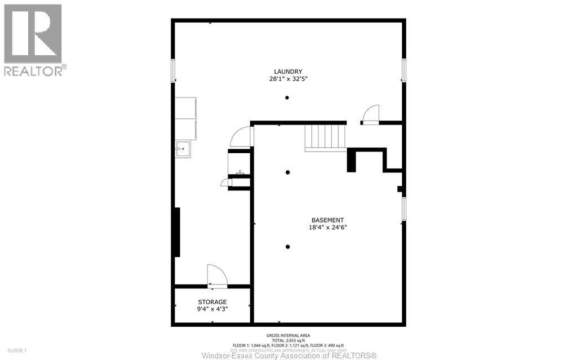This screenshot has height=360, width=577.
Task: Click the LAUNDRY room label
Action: click(288, 72)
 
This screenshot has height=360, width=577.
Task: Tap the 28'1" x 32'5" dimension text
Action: click(288, 79)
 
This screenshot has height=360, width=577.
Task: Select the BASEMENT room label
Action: click(327, 220)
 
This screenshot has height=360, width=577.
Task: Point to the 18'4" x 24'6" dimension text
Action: click(327, 228)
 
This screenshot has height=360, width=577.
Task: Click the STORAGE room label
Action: click(212, 302)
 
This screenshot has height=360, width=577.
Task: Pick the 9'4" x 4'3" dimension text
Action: click(212, 309)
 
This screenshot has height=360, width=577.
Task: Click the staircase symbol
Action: click(325, 137)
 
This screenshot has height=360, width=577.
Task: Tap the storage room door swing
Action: click(217, 275)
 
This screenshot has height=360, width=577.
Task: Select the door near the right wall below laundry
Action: click(371, 114)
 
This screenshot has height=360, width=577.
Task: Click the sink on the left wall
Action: click(183, 149)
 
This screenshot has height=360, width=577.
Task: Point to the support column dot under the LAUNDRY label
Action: click(287, 98)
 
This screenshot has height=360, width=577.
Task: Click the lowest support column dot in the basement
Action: click(287, 247)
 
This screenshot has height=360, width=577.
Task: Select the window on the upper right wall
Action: click(403, 70)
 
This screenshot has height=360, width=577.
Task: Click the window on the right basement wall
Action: click(403, 208)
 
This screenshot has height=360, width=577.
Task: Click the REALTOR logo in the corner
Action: click(33, 39)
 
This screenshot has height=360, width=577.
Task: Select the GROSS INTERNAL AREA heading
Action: click(288, 336)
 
